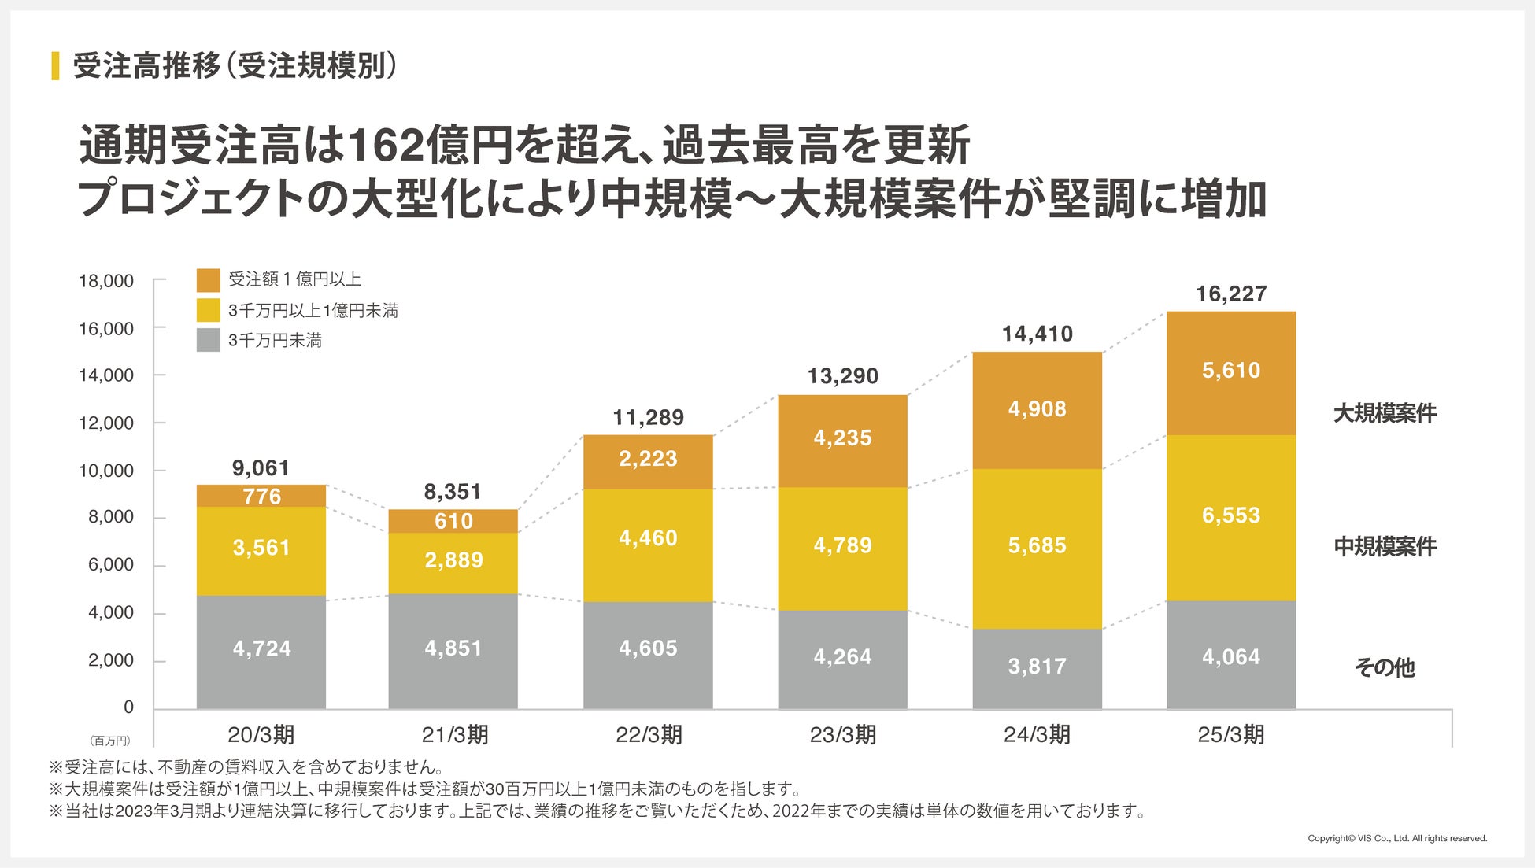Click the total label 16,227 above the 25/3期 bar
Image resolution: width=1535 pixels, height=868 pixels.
tap(1231, 294)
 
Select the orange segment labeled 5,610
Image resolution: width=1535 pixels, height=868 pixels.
tap(1231, 373)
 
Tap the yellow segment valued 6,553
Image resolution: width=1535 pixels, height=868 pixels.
tap(1231, 517)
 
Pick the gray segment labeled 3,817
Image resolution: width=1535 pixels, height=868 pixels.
tap(1037, 668)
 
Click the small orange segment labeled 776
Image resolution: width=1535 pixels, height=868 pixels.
tap(261, 496)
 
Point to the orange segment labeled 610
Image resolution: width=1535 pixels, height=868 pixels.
tap(453, 521)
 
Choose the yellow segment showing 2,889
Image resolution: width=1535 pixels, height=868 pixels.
tap(453, 562)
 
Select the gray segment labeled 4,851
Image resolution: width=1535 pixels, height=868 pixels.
tap(453, 650)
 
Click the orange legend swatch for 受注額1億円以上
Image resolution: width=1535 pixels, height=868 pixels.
tap(208, 280)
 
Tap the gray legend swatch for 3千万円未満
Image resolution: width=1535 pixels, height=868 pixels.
tap(208, 340)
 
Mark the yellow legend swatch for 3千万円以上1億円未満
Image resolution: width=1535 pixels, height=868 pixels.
tap(208, 310)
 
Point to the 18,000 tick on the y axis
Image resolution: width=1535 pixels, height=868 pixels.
tap(106, 281)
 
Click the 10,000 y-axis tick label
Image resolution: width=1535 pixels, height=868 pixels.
tap(106, 471)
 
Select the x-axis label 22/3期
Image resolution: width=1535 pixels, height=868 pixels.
tap(649, 735)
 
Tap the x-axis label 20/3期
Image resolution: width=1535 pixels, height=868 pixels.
tap(261, 735)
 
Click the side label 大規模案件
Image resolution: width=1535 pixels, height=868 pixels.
tap(1385, 413)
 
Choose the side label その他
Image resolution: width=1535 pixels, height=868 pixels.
tap(1385, 667)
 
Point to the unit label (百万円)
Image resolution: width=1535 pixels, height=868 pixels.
tap(109, 741)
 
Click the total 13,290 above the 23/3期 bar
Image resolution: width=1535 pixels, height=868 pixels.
tap(842, 376)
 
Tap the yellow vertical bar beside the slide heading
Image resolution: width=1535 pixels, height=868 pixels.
tap(55, 66)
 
